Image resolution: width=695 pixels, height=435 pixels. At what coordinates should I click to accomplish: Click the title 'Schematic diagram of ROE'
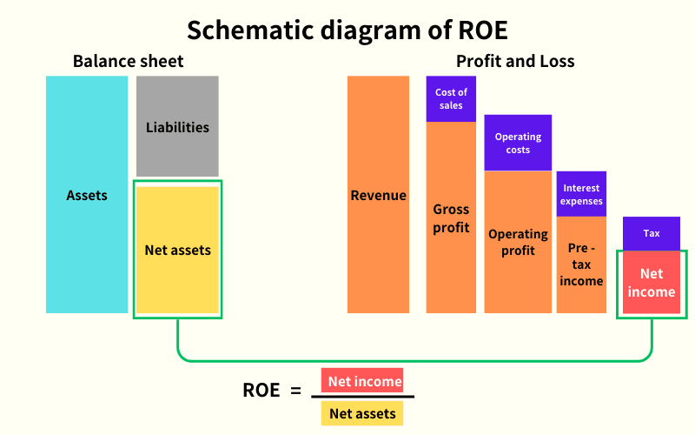(347, 30)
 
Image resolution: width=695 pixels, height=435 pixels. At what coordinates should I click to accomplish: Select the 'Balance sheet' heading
(128, 61)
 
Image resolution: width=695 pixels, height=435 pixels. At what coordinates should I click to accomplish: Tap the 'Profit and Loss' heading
(515, 61)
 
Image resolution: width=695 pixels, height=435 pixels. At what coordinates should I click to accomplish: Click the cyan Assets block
(87, 195)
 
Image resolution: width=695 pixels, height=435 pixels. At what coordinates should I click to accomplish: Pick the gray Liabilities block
(177, 127)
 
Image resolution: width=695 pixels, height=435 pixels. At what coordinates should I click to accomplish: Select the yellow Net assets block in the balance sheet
(177, 250)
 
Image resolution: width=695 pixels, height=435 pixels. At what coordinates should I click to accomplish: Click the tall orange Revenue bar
(378, 195)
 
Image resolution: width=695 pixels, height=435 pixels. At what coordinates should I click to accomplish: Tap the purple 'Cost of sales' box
(451, 99)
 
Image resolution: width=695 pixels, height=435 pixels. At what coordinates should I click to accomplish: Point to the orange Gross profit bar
(451, 217)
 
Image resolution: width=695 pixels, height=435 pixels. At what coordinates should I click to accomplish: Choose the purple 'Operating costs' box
(518, 143)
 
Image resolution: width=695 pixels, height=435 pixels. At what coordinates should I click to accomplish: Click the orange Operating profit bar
(518, 242)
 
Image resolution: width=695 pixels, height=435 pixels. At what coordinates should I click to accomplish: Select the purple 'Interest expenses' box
(581, 194)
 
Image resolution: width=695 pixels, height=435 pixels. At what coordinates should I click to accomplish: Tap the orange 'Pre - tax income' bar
(581, 264)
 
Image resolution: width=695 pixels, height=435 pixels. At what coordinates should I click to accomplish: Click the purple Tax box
(652, 233)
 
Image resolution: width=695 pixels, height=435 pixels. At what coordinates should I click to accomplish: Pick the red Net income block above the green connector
(652, 282)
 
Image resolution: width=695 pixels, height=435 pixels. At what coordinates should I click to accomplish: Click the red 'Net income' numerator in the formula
(364, 381)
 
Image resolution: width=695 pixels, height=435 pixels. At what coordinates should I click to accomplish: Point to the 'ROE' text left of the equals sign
(261, 391)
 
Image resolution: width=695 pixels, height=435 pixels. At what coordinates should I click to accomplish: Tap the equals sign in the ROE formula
(295, 391)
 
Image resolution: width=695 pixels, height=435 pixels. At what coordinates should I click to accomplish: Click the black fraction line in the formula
(363, 397)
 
